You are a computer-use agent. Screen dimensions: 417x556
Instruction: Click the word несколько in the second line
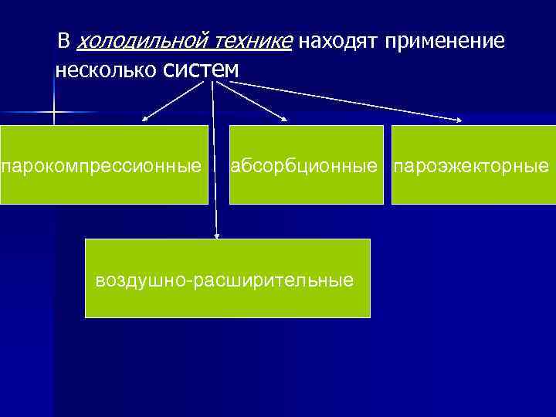[x=107, y=71]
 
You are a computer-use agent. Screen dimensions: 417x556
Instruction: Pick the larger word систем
[x=202, y=69]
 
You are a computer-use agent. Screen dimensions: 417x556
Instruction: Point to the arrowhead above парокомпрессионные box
[x=145, y=120]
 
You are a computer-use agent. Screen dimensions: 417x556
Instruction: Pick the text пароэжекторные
[x=472, y=166]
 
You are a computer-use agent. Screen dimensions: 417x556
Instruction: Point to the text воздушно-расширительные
[x=224, y=280]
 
